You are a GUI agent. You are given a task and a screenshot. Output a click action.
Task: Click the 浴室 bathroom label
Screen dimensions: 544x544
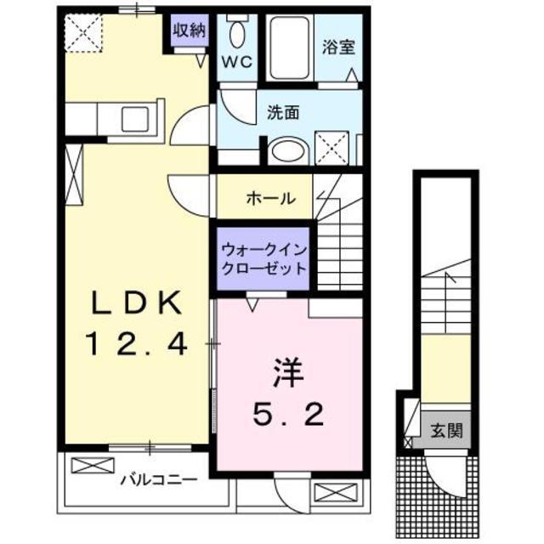click(x=337, y=48)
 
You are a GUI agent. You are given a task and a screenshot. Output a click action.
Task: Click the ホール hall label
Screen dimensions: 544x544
click(x=270, y=199)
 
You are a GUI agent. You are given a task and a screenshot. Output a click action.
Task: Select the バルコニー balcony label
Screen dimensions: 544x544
click(x=158, y=479)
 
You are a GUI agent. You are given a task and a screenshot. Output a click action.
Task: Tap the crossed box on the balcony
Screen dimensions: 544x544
click(x=91, y=466)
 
